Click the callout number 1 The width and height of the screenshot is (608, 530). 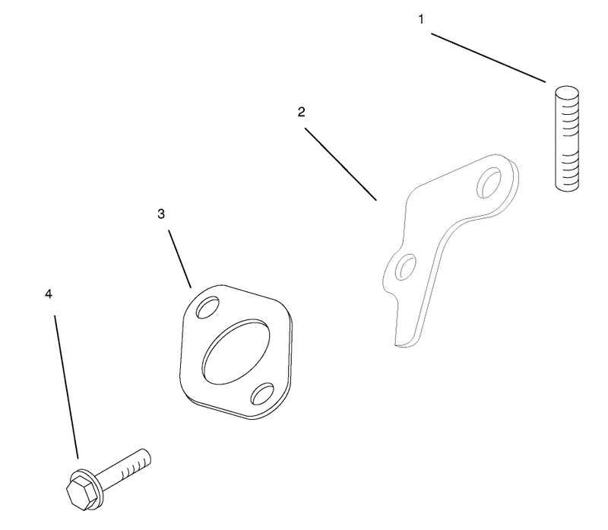pyautogui.click(x=421, y=20)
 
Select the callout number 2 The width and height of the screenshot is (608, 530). pyautogui.click(x=301, y=112)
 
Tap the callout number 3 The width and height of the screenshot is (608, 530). pyautogui.click(x=161, y=214)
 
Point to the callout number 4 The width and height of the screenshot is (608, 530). pyautogui.click(x=48, y=294)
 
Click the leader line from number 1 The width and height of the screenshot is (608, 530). pyautogui.click(x=489, y=58)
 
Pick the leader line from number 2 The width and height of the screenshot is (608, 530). pyautogui.click(x=340, y=164)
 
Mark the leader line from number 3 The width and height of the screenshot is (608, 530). pyautogui.click(x=179, y=259)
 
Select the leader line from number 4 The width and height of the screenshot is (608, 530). pyautogui.click(x=66, y=387)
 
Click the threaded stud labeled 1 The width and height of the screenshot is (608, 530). pyautogui.click(x=567, y=139)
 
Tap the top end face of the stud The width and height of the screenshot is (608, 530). pyautogui.click(x=567, y=93)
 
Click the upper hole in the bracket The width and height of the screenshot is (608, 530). pyautogui.click(x=489, y=182)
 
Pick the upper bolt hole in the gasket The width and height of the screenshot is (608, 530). pyautogui.click(x=208, y=307)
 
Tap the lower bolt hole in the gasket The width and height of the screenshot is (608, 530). pyautogui.click(x=262, y=394)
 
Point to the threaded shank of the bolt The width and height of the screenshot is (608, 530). pyautogui.click(x=123, y=468)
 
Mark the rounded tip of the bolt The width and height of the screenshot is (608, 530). pyautogui.click(x=147, y=457)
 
